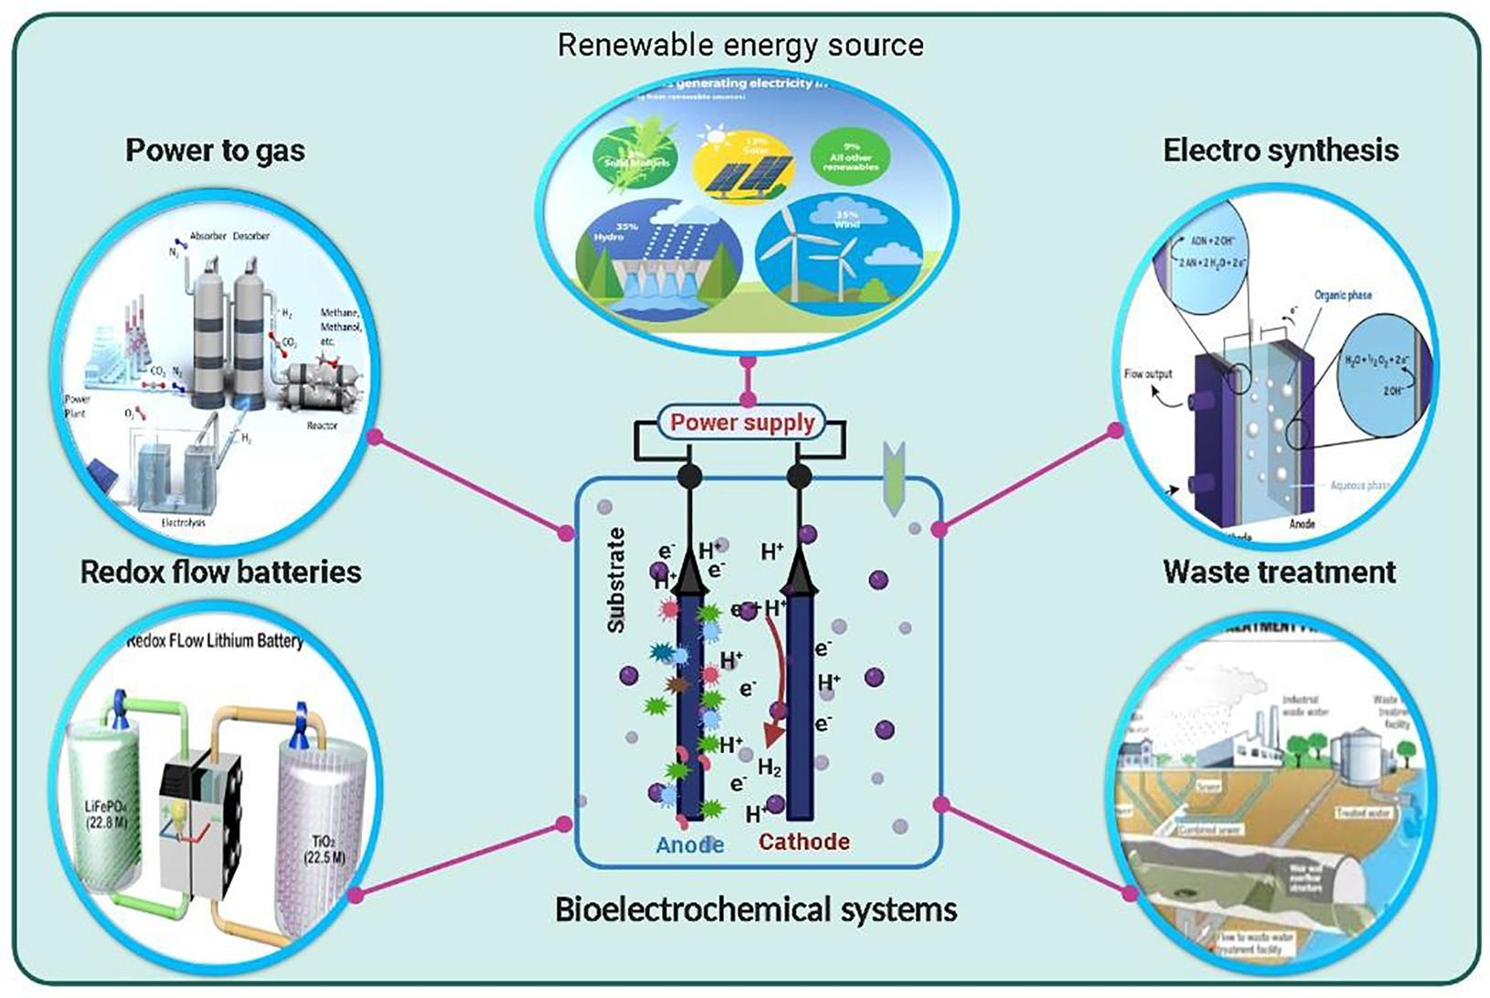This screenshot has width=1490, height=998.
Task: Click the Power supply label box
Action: (x=741, y=423)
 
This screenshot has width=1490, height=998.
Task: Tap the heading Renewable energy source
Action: (x=740, y=45)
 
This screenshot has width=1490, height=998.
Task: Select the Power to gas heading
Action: (x=215, y=150)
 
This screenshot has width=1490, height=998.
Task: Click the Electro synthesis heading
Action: (x=1281, y=150)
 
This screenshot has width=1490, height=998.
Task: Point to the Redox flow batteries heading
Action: (x=221, y=572)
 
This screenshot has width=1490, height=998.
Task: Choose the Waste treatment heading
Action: (x=1279, y=572)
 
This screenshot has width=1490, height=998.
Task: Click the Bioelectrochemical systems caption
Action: (x=756, y=909)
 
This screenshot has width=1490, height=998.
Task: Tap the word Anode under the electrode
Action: (x=690, y=843)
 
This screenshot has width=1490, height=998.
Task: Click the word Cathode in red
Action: (x=804, y=841)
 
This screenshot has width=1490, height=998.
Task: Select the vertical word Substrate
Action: (x=617, y=580)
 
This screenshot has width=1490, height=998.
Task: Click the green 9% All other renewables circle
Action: (x=850, y=156)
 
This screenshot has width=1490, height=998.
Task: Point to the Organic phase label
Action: (x=1342, y=295)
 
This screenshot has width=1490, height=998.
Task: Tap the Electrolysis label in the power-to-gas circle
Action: (x=183, y=522)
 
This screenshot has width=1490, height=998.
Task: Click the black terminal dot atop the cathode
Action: (x=799, y=476)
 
